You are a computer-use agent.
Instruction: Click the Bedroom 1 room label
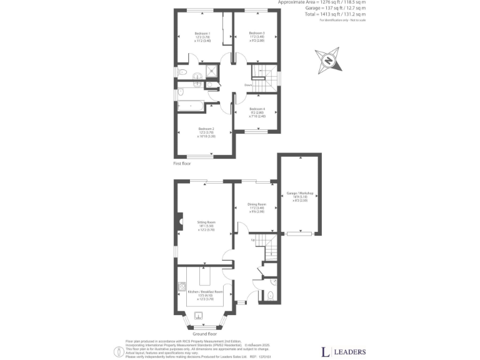[202, 33]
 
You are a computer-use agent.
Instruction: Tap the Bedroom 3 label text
[257, 33]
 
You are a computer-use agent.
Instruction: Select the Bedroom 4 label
[257, 109]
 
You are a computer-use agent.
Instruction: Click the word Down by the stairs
[248, 85]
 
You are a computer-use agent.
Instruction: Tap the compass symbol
[329, 59]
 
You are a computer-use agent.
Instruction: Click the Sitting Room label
[207, 222]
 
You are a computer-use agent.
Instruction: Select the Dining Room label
[257, 204]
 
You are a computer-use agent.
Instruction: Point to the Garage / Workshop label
[298, 194]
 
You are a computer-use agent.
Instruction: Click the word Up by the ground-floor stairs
[252, 240]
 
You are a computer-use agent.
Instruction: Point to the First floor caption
[182, 163]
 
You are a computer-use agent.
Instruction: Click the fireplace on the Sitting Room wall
[179, 219]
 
